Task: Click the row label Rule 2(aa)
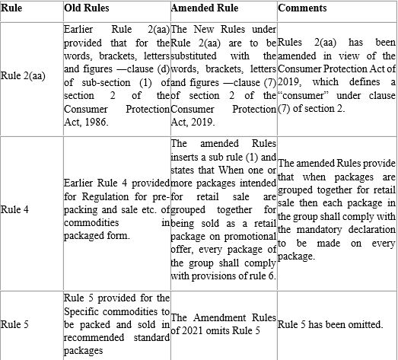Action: pyautogui.click(x=22, y=75)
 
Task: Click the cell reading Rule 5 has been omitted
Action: pyautogui.click(x=330, y=325)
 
